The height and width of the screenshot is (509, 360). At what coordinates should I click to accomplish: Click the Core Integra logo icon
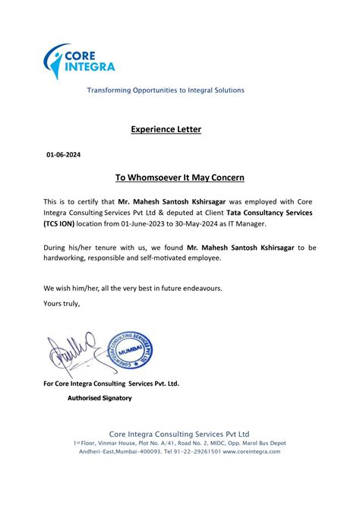[55, 61]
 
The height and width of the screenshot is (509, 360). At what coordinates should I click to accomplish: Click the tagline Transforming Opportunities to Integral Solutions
[166, 90]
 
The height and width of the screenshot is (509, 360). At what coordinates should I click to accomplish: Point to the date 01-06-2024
[63, 155]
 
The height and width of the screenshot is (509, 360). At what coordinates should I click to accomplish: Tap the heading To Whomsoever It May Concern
[180, 178]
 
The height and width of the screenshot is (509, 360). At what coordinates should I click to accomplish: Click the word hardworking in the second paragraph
[68, 259]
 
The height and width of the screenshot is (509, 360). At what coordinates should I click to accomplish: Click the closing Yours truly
[62, 304]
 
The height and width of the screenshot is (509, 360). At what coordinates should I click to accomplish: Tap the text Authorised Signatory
[99, 398]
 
